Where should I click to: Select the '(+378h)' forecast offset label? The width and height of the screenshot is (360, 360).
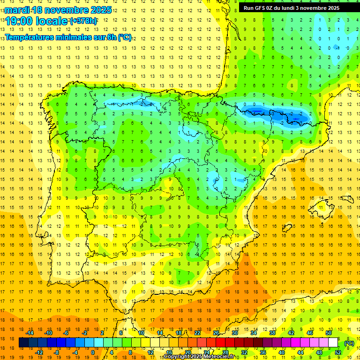click(83, 21)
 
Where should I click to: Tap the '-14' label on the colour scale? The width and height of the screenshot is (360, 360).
click(30, 333)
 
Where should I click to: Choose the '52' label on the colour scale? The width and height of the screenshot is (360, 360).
click(338, 352)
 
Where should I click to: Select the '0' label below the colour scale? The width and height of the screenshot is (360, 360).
click(92, 352)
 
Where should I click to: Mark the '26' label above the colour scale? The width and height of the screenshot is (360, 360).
click(216, 333)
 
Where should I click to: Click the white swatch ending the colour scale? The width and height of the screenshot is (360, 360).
click(333, 343)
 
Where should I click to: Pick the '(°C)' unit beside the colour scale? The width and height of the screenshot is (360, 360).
click(349, 343)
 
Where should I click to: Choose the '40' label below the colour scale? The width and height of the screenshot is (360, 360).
click(282, 352)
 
